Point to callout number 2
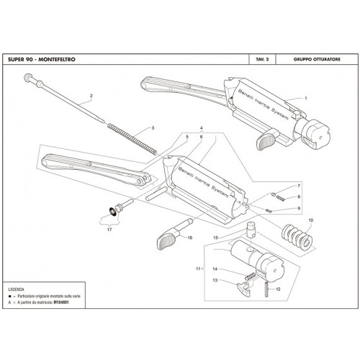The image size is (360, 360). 91,96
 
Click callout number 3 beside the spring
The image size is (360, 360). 153,128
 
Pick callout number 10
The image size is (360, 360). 311,220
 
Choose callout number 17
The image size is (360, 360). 111,230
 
